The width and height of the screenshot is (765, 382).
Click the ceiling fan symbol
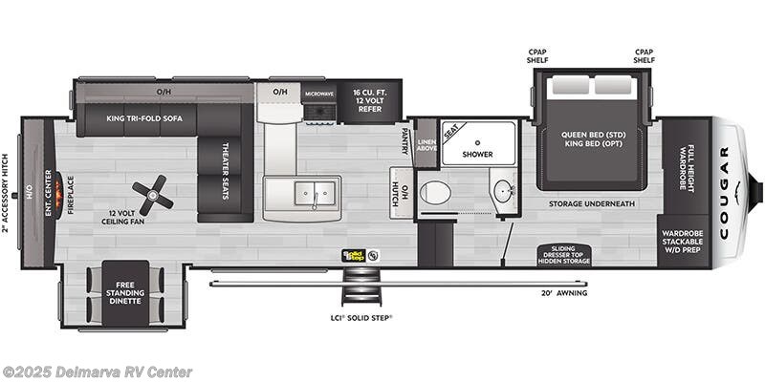point(154,196)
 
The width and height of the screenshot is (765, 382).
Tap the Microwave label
point(318,94)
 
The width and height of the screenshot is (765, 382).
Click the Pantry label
point(405,140)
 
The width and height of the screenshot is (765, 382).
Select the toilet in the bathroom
point(435,192)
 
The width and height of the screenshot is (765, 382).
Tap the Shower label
point(477,154)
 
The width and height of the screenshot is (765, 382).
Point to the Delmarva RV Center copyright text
point(98,371)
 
